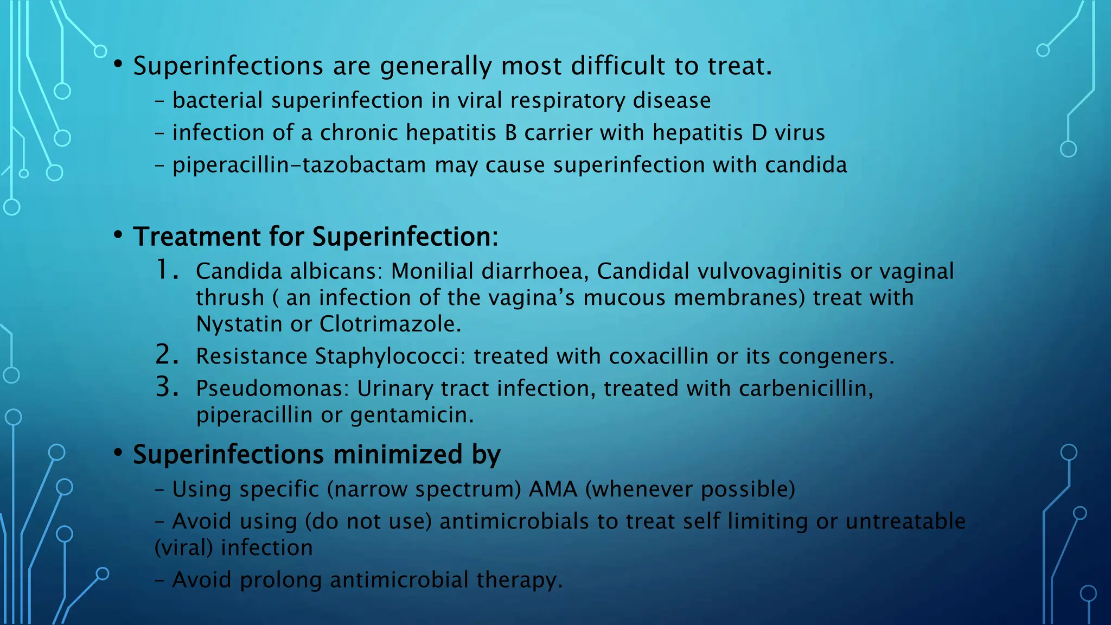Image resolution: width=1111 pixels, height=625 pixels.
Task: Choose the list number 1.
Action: (x=167, y=270)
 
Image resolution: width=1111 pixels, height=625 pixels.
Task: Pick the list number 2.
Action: (x=167, y=355)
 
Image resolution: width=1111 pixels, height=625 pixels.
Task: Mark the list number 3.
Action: (x=167, y=387)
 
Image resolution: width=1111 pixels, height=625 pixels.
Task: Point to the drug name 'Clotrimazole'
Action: (x=390, y=324)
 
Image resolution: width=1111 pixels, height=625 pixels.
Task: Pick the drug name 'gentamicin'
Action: (x=411, y=416)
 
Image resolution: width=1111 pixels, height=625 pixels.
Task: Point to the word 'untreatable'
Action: (x=905, y=521)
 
